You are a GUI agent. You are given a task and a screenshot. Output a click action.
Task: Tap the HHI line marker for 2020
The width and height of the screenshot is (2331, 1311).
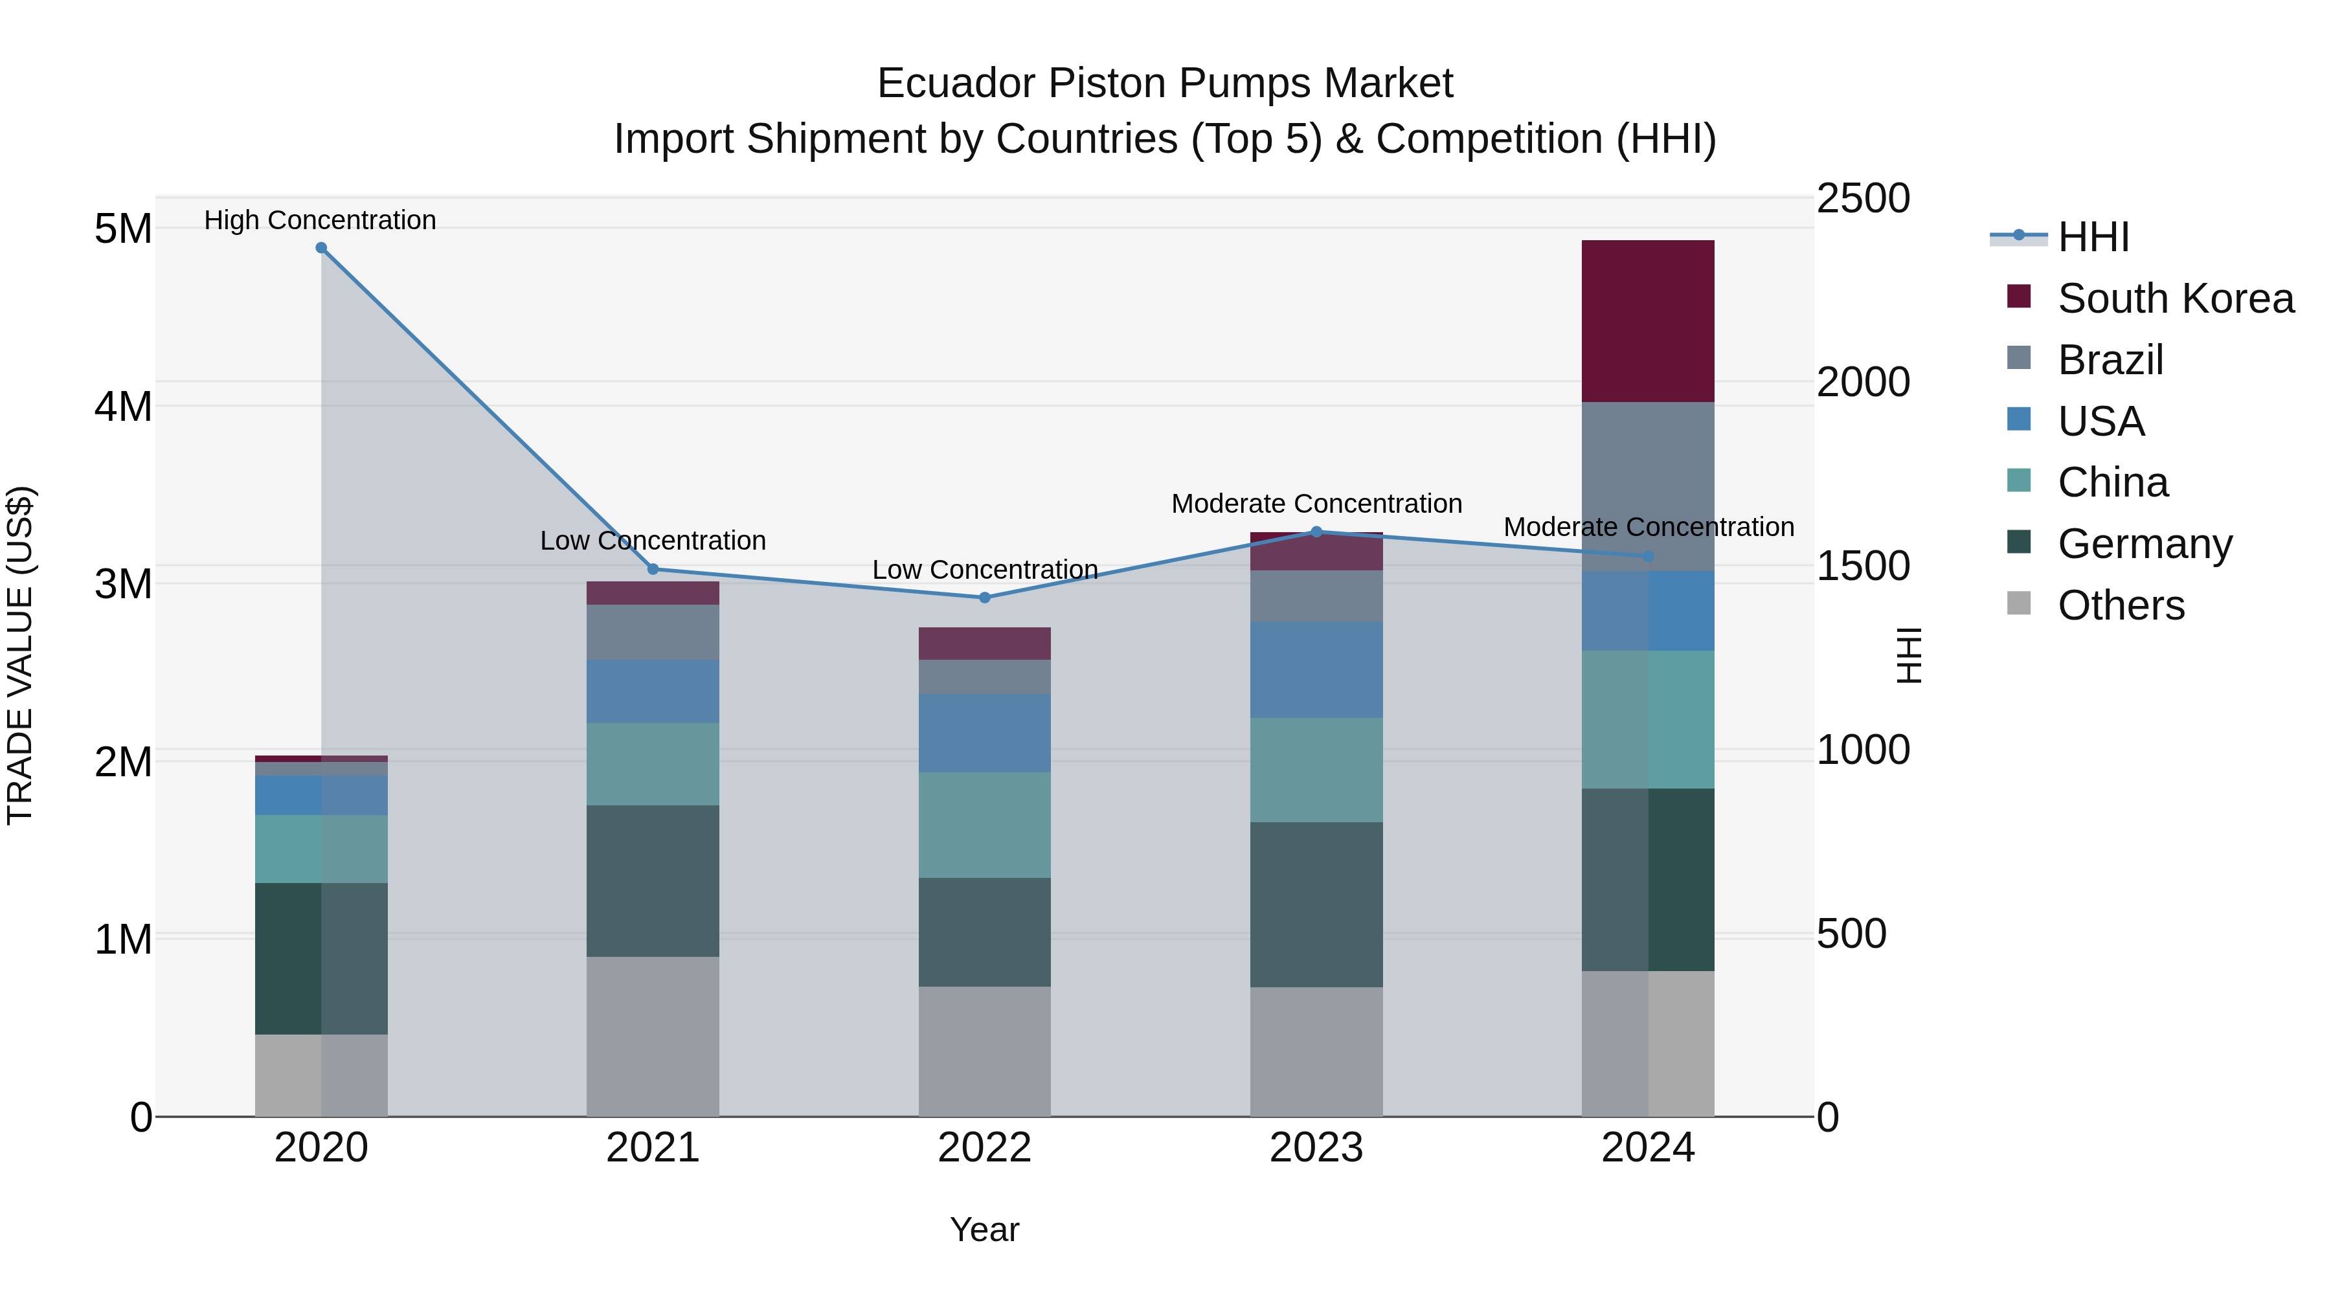(x=321, y=248)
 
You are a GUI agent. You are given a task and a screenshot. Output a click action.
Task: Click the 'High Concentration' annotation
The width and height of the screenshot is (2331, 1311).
(x=321, y=220)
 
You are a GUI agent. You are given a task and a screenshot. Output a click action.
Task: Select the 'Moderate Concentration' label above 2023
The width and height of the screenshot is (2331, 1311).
(x=1316, y=503)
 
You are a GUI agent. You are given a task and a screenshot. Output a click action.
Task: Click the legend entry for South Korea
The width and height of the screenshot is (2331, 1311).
(x=2176, y=298)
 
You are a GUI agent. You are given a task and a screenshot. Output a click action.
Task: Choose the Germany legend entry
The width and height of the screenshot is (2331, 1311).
(x=2145, y=544)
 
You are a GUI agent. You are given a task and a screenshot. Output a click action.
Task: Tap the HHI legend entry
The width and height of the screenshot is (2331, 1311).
(x=2092, y=237)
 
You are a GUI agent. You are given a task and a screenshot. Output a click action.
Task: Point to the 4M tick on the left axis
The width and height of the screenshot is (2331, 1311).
(x=124, y=406)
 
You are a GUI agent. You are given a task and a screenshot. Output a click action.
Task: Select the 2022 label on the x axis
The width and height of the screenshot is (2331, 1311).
(x=984, y=1148)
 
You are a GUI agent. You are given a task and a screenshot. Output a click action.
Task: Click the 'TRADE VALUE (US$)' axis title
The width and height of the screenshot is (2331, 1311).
(x=20, y=655)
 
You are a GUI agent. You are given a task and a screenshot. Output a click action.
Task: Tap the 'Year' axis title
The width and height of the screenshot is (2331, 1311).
(x=984, y=1229)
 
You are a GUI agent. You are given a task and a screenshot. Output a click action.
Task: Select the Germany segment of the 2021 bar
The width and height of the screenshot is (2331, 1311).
(x=653, y=880)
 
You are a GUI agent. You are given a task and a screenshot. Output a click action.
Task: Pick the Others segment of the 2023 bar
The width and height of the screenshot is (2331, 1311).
(x=1316, y=1051)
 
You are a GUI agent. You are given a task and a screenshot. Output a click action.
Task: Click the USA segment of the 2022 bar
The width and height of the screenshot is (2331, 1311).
(x=984, y=733)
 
